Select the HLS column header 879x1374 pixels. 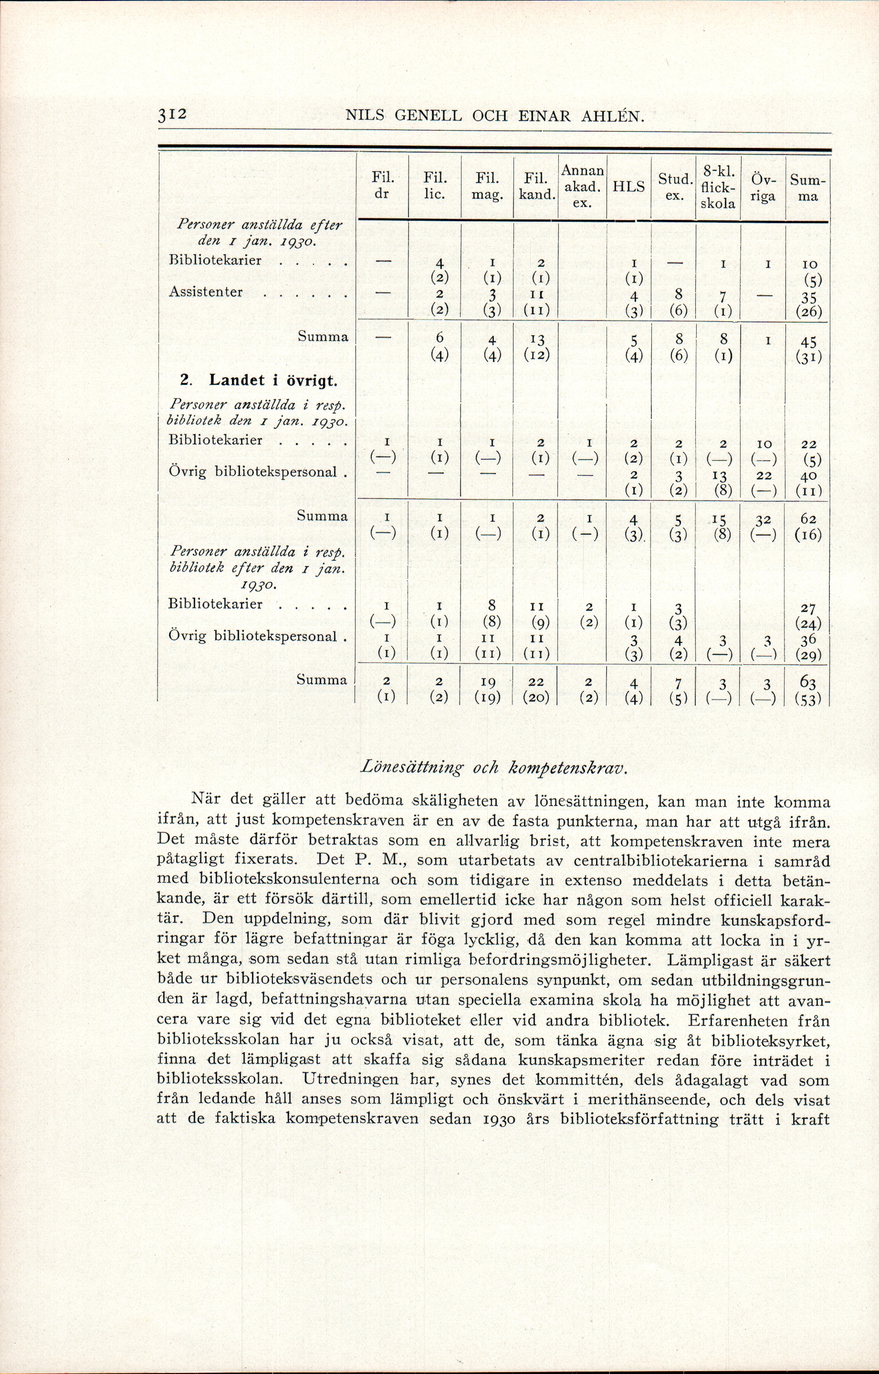[x=628, y=186]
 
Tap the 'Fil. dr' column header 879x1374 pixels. [x=382, y=186]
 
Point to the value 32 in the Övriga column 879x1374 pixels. [x=763, y=519]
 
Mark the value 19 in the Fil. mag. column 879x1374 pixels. [x=488, y=682]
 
